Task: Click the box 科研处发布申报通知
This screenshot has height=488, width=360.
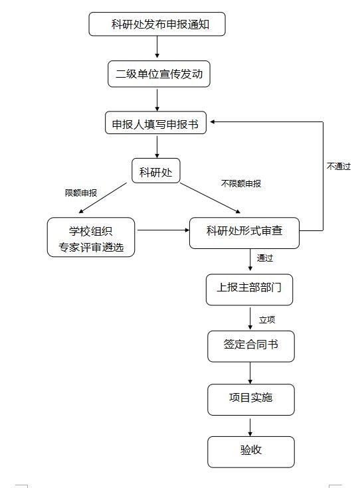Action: [157, 25]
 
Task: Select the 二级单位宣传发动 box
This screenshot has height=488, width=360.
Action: [159, 74]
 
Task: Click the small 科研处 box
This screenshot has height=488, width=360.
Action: [156, 172]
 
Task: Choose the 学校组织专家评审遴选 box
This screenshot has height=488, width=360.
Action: [91, 238]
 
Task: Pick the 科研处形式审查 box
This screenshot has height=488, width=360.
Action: [244, 232]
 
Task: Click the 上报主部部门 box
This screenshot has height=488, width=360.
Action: [249, 288]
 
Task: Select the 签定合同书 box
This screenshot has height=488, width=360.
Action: [250, 345]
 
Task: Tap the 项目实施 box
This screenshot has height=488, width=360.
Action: [250, 398]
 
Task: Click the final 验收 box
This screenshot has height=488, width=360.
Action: [250, 451]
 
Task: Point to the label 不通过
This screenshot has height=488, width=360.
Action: [338, 167]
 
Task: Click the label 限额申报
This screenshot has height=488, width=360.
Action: [81, 193]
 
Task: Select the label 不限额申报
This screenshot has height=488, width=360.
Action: [240, 183]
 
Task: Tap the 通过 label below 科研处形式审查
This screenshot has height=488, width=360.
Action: [265, 258]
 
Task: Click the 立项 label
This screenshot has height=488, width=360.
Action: [267, 319]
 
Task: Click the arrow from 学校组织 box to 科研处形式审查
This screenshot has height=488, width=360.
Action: [162, 231]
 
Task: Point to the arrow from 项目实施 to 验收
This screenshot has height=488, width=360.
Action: [250, 426]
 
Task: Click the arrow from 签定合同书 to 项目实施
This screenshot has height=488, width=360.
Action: [250, 373]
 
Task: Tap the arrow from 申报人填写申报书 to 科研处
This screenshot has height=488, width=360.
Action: [157, 145]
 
